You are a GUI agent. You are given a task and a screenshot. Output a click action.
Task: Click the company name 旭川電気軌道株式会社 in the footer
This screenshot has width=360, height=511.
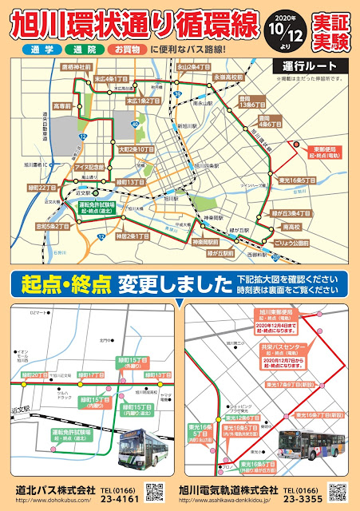tap(229, 489)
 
